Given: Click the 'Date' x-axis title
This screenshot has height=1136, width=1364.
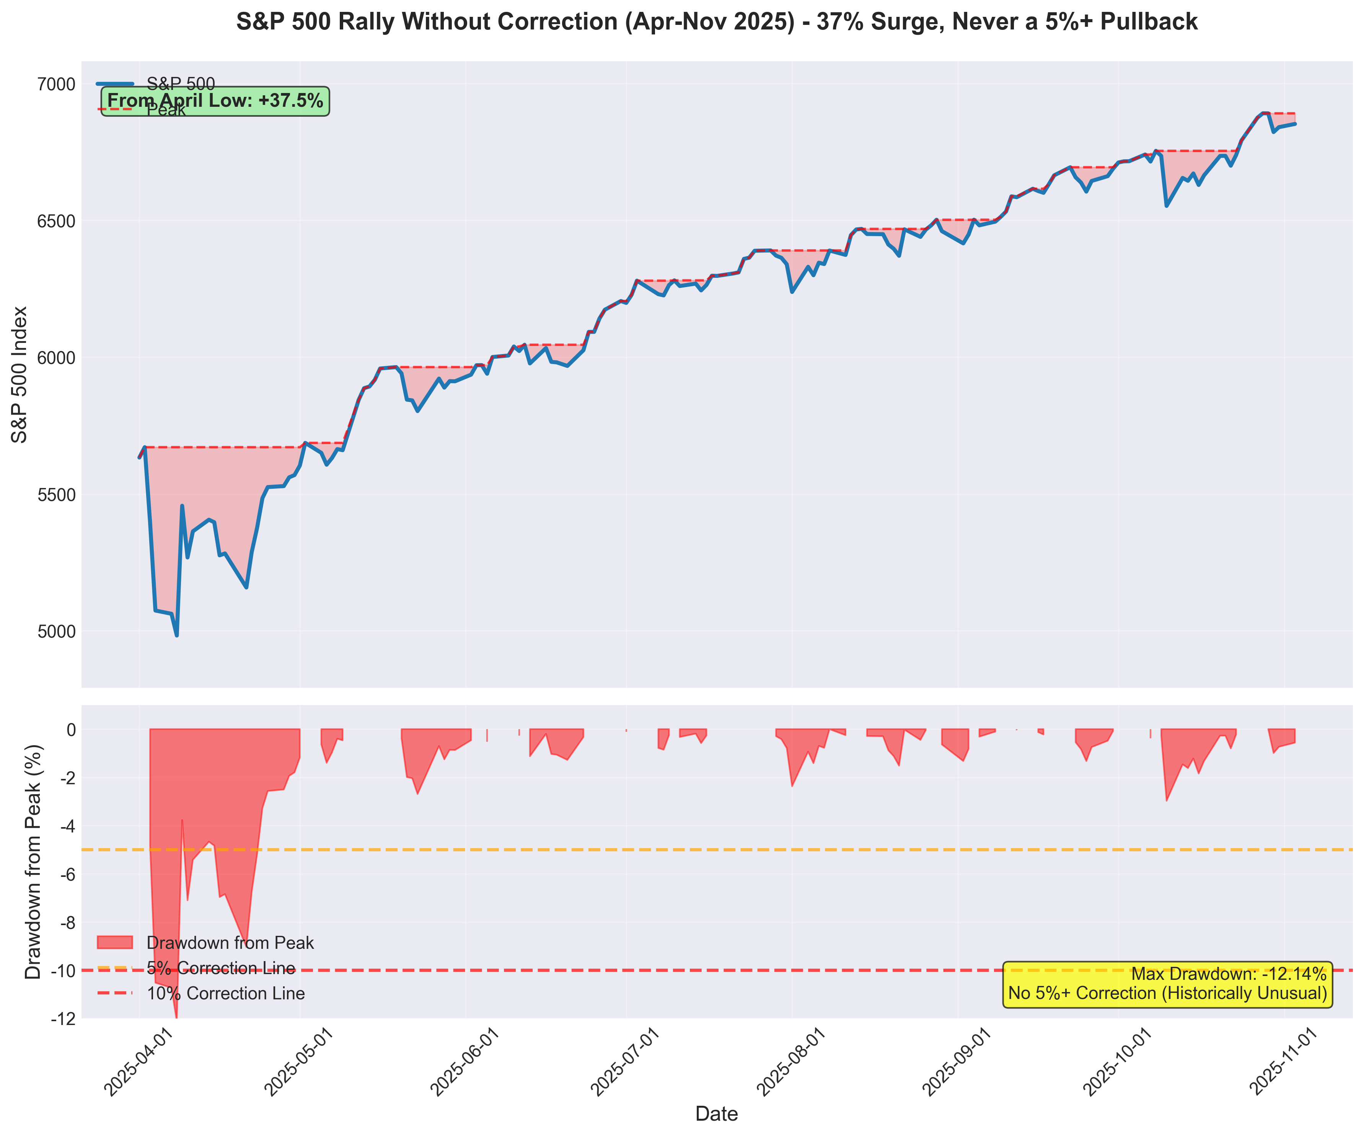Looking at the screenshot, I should pyautogui.click(x=716, y=1114).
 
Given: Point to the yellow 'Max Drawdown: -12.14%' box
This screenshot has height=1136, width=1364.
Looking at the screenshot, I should pyautogui.click(x=1167, y=984).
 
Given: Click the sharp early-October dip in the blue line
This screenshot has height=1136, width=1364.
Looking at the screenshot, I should pyautogui.click(x=1167, y=206).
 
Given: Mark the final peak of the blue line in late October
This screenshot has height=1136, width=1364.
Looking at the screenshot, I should pyautogui.click(x=1263, y=113).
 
